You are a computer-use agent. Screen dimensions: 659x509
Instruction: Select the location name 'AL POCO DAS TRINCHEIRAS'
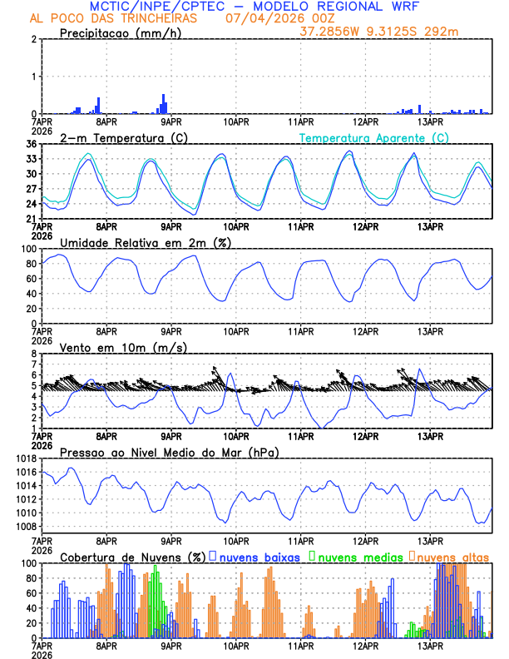[114, 18]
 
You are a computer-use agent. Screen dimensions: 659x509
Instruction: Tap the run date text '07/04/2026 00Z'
[270, 18]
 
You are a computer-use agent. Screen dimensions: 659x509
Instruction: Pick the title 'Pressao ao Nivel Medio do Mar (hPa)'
[169, 452]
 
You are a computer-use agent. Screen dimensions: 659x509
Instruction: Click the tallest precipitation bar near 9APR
[164, 104]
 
